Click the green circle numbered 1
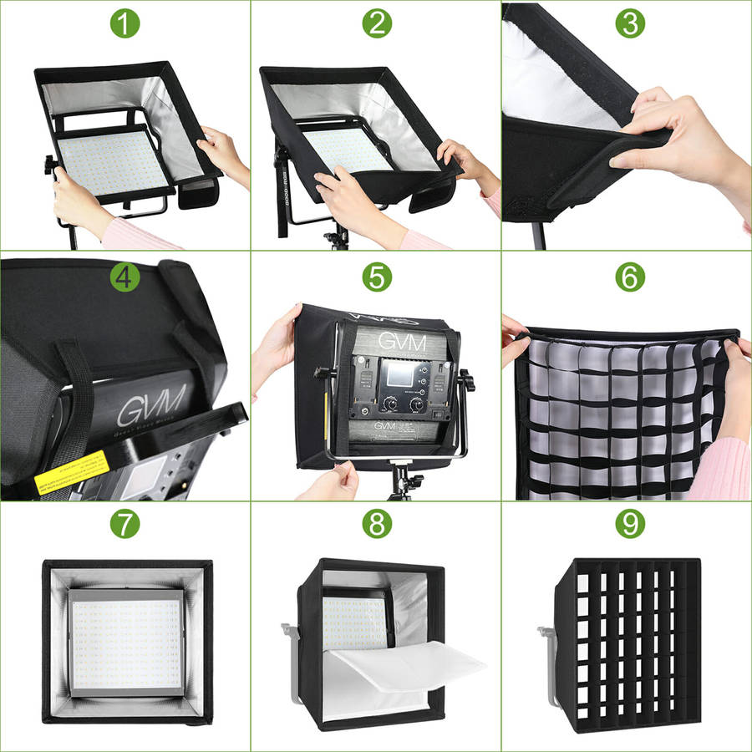tap(124, 23)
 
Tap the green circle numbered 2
tap(376, 23)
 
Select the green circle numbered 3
tap(628, 23)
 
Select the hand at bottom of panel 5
tap(334, 483)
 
